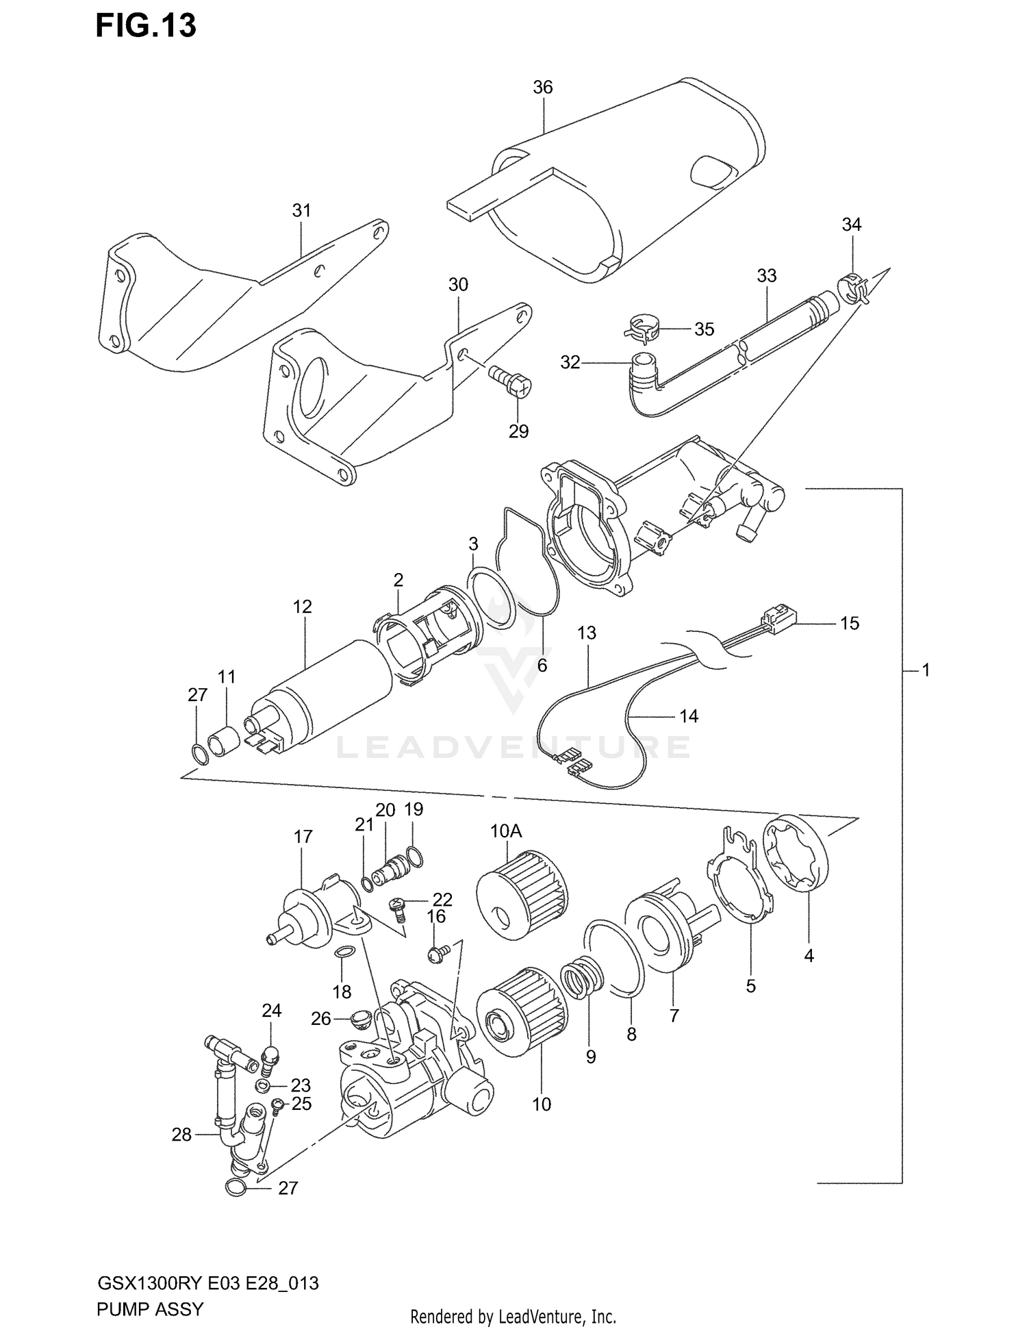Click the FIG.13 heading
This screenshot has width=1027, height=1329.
pyautogui.click(x=146, y=26)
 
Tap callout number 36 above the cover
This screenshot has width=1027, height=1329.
pyautogui.click(x=542, y=87)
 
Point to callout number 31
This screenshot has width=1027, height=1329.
pyautogui.click(x=301, y=211)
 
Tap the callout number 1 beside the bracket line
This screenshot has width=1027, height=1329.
pyautogui.click(x=926, y=670)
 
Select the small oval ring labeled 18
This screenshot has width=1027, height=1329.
pyautogui.click(x=344, y=952)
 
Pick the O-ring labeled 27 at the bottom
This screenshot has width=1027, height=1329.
pyautogui.click(x=235, y=1188)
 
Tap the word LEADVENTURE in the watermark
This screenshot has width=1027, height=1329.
pyautogui.click(x=513, y=748)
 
